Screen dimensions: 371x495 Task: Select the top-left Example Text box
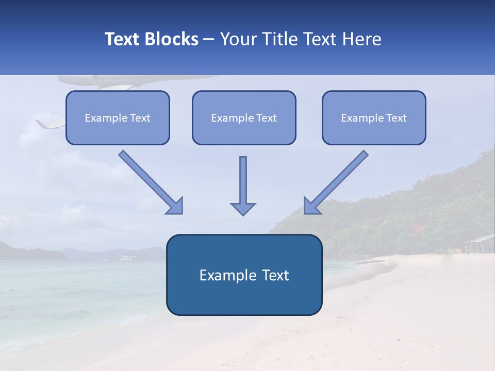click(118, 117)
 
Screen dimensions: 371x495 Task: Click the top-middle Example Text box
click(244, 117)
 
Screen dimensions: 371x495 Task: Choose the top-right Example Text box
click(374, 117)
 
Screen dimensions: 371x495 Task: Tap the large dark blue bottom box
click(244, 275)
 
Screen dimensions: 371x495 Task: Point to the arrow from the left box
click(150, 181)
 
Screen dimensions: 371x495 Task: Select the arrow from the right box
click(338, 181)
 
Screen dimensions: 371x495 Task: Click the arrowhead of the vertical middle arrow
click(243, 208)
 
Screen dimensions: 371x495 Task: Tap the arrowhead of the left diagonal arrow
click(175, 206)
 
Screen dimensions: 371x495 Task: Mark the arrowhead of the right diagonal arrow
click(311, 206)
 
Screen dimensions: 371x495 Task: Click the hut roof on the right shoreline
click(480, 240)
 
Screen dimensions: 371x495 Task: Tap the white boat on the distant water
click(125, 257)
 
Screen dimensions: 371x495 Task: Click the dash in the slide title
click(209, 39)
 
